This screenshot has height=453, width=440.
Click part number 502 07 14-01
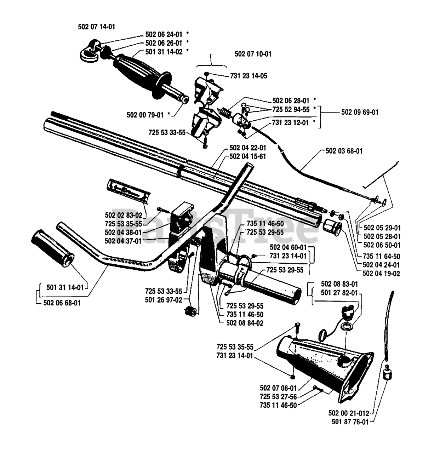[x=96, y=27]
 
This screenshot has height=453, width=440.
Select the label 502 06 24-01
[x=164, y=34]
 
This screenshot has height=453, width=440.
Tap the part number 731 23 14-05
[x=248, y=76]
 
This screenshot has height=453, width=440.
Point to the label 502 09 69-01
[x=360, y=112]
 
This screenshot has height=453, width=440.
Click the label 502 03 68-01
[x=344, y=151]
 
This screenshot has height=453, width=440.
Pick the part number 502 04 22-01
[x=247, y=148]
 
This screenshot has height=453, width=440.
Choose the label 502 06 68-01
[x=62, y=303]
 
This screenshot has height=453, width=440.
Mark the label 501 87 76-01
[x=350, y=422]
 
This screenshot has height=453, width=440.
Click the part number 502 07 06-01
[x=278, y=388]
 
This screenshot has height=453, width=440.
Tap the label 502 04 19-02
[x=381, y=274]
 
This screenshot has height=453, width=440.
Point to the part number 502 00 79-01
[x=145, y=115]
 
